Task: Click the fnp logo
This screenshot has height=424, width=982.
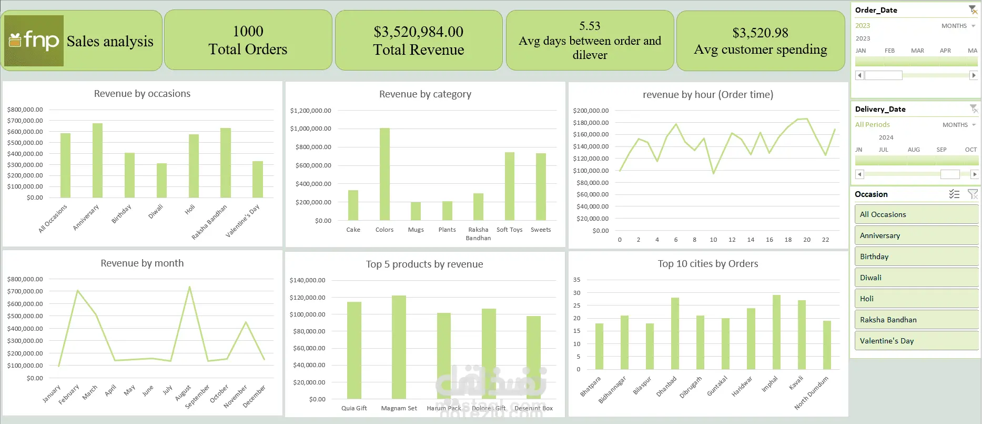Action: click(x=34, y=41)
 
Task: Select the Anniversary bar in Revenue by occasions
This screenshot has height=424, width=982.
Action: click(x=97, y=160)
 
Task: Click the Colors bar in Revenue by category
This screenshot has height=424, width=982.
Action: click(x=384, y=174)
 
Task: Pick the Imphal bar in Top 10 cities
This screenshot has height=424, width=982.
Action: click(x=776, y=332)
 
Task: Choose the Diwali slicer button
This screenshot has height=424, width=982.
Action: click(x=916, y=278)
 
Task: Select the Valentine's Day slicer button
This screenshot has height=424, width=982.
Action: click(x=916, y=341)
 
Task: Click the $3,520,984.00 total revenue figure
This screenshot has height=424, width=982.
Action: click(x=418, y=32)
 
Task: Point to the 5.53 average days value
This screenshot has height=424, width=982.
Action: click(x=590, y=26)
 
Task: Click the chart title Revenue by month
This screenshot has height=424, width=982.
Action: click(x=142, y=263)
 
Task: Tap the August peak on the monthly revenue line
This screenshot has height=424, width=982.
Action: click(x=189, y=288)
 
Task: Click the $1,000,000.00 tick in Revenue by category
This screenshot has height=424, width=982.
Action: click(x=310, y=129)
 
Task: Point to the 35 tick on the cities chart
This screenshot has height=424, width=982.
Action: click(x=577, y=280)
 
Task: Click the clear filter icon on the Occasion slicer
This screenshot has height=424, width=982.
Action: click(x=973, y=194)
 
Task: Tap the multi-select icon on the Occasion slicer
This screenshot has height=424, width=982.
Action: click(x=954, y=194)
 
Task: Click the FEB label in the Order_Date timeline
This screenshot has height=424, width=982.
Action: click(x=889, y=51)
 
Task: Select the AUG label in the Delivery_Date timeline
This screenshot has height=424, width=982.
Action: click(x=914, y=150)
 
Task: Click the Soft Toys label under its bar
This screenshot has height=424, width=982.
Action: click(x=509, y=230)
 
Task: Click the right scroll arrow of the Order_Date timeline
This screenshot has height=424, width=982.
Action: click(x=974, y=75)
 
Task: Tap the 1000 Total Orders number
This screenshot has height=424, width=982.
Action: click(x=248, y=32)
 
